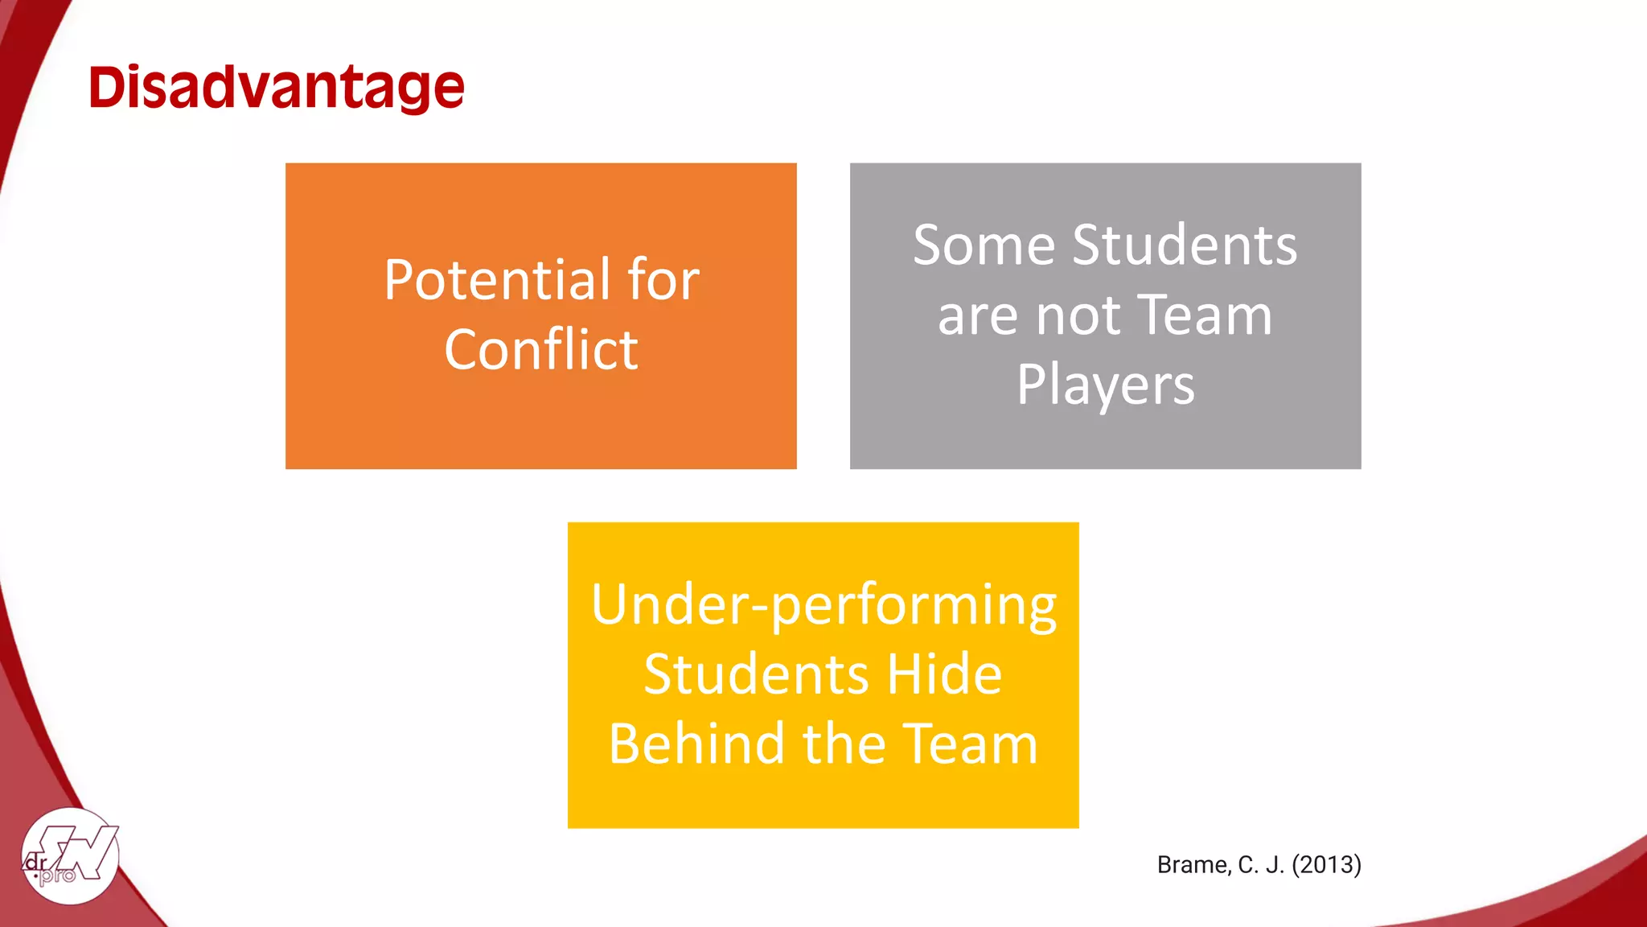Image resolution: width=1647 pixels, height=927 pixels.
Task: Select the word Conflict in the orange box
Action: pyautogui.click(x=541, y=350)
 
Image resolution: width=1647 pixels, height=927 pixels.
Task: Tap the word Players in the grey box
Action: pyautogui.click(x=1106, y=385)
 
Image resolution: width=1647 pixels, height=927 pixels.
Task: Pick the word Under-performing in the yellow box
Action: pyautogui.click(x=823, y=605)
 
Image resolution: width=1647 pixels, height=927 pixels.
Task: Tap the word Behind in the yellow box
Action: pyautogui.click(x=696, y=744)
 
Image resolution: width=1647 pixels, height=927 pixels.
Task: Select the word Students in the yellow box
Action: pyautogui.click(x=756, y=674)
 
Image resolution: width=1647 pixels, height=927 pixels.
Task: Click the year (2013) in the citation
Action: pyautogui.click(x=1326, y=864)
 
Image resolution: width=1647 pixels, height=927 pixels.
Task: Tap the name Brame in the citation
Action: pyautogui.click(x=1193, y=864)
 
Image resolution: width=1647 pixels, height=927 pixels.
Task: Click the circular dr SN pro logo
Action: pyautogui.click(x=71, y=856)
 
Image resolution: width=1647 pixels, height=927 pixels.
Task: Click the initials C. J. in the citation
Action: pyautogui.click(x=1260, y=864)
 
